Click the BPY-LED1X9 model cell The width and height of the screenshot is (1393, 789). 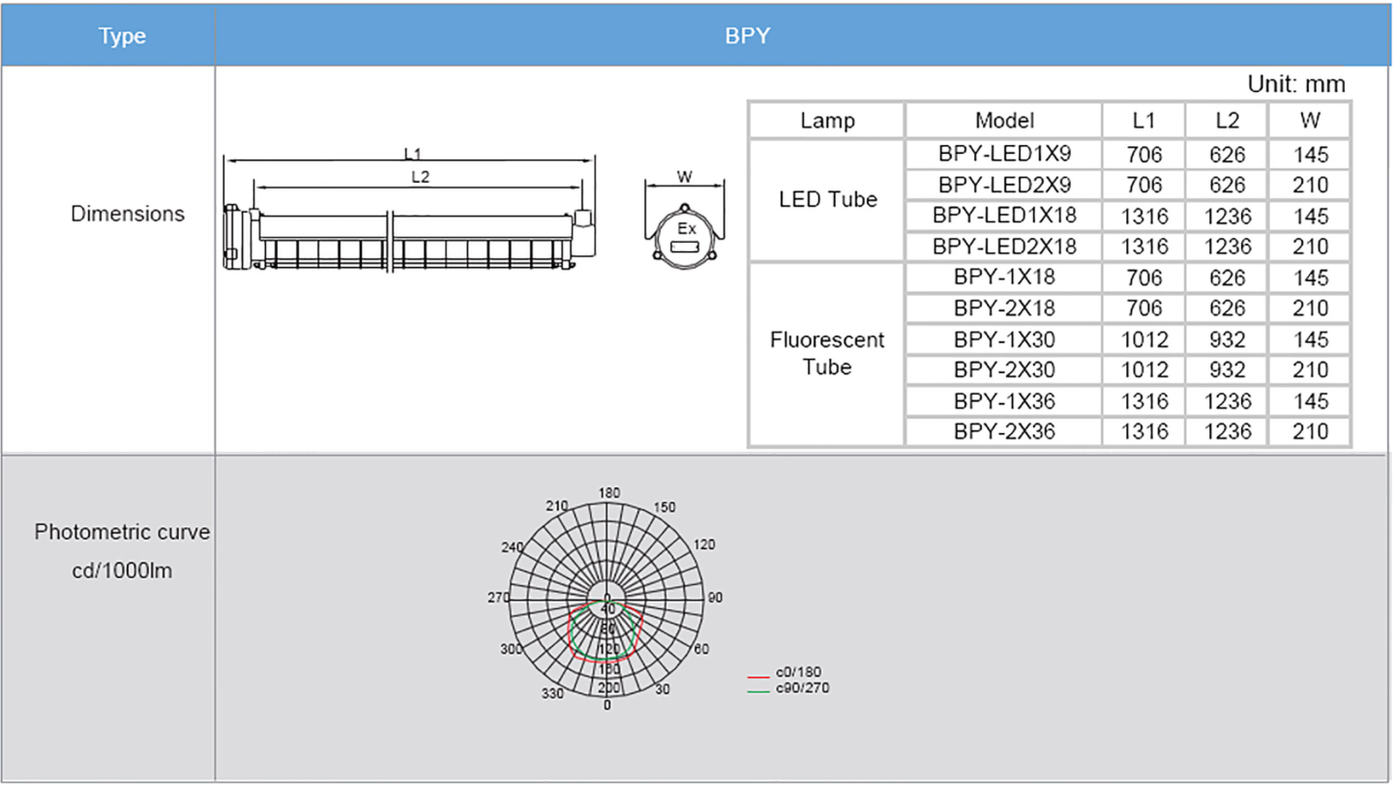[1004, 154]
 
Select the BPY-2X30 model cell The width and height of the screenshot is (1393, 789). [1004, 369]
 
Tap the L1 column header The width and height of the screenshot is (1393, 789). [1144, 121]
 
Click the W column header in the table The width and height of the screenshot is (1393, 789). [1311, 121]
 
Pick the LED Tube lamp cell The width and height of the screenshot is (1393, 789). [827, 200]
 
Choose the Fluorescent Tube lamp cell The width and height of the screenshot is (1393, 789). [827, 354]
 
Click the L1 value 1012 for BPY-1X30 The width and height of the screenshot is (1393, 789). [1144, 339]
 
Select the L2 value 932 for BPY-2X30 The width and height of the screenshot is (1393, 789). [1228, 369]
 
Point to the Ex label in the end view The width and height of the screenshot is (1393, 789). [686, 230]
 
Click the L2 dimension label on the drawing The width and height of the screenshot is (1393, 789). [421, 177]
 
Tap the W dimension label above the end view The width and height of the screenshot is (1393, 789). [685, 177]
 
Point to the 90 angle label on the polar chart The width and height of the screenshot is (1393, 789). [715, 598]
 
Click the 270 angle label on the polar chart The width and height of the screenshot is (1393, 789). [498, 598]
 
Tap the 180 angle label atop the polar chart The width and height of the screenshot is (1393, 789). [608, 492]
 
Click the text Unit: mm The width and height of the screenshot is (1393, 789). [1296, 84]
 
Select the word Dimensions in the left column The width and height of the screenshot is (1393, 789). [128, 214]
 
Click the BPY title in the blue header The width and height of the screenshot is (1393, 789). [748, 37]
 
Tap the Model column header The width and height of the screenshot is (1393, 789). [1004, 121]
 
